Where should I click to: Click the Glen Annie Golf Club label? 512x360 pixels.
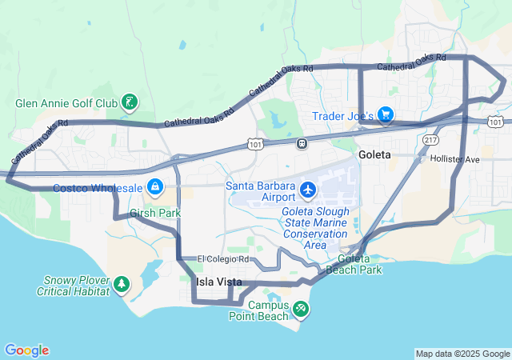67,103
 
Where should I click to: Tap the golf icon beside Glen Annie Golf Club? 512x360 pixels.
129,102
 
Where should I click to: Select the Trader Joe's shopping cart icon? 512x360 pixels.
386,115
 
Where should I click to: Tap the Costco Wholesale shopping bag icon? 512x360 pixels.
155,188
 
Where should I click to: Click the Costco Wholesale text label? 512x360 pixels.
98,188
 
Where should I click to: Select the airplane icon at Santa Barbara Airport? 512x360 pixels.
308,190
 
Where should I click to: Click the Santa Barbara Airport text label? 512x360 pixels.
261,192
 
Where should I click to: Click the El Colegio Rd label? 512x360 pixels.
224,260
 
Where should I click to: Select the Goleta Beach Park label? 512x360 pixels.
360,265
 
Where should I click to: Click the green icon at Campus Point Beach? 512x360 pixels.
300,308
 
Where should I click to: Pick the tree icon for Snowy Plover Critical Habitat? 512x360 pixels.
122,283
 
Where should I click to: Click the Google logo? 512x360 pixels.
26,350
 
